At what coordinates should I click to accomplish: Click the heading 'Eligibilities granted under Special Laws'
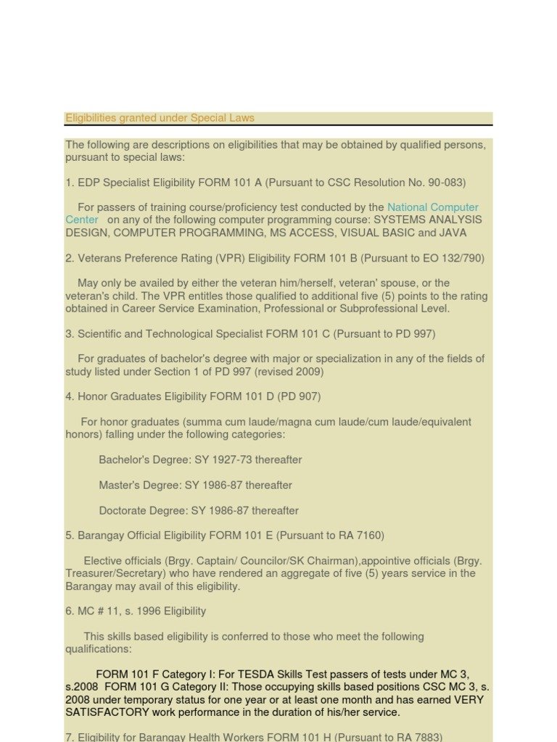pyautogui.click(x=160, y=118)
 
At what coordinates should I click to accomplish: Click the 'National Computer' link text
pyautogui.click(x=433, y=207)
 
